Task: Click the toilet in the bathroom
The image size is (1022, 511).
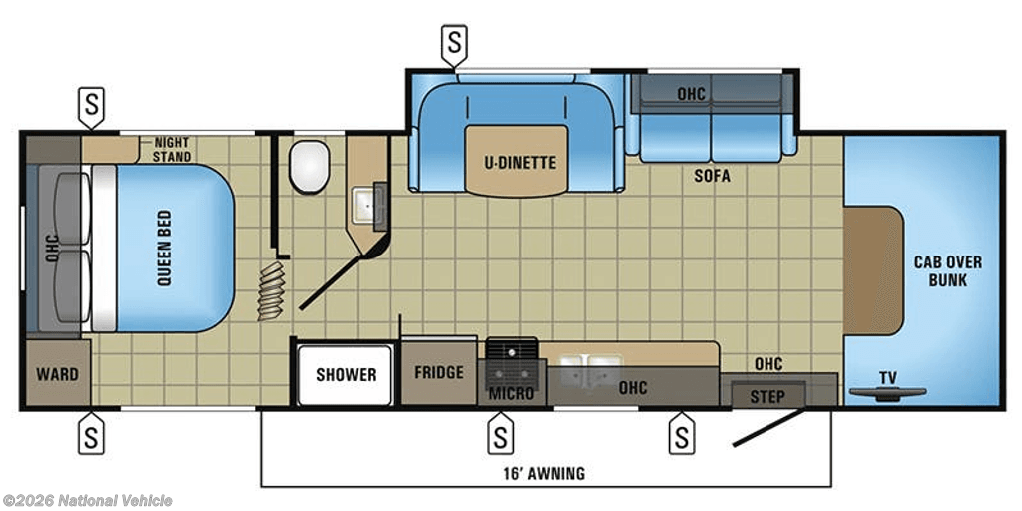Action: pyautogui.click(x=309, y=167)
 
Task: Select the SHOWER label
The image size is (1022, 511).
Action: pyautogui.click(x=346, y=375)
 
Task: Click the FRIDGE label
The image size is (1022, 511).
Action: pyautogui.click(x=439, y=372)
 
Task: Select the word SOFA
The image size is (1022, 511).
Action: pyautogui.click(x=712, y=176)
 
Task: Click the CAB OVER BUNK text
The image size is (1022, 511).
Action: pyautogui.click(x=948, y=271)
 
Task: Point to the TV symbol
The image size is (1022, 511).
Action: pyautogui.click(x=887, y=391)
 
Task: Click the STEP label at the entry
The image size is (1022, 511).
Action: pyautogui.click(x=767, y=396)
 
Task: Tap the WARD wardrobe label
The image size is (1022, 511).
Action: pyautogui.click(x=57, y=375)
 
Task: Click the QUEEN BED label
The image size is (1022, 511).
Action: pyautogui.click(x=164, y=249)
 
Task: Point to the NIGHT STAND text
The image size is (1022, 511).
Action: pyautogui.click(x=172, y=149)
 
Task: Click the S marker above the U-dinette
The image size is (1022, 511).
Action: pyautogui.click(x=454, y=43)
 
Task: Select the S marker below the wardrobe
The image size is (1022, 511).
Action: pyautogui.click(x=91, y=432)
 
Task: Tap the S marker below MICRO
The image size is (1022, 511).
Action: pyautogui.click(x=500, y=432)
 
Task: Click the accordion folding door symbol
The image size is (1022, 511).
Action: pyautogui.click(x=271, y=291)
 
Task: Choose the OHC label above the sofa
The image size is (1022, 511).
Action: pyautogui.click(x=691, y=94)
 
